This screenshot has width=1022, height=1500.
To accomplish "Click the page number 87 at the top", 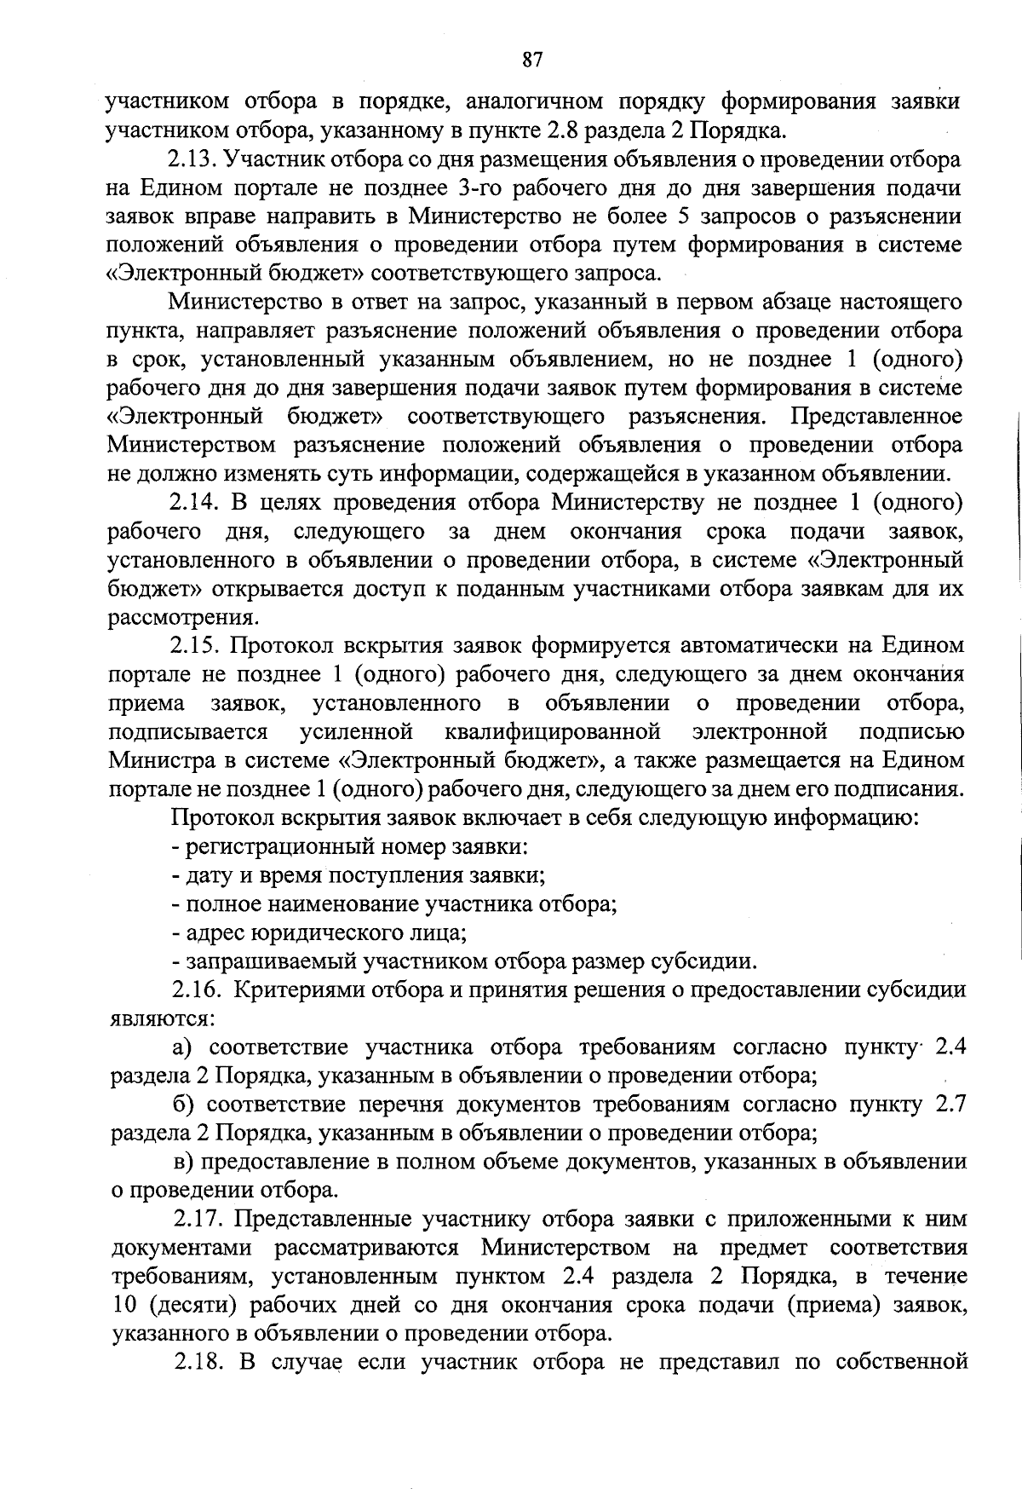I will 532,60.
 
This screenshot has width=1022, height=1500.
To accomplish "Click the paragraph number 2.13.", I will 192,159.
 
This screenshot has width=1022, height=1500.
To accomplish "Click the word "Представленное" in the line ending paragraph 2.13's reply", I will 877,417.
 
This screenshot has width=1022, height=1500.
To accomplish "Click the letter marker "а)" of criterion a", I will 183,1047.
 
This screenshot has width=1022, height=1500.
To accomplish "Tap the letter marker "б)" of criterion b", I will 183,1105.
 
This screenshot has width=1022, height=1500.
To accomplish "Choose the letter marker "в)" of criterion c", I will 183,1162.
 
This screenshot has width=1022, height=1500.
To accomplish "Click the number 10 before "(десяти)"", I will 126,1305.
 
